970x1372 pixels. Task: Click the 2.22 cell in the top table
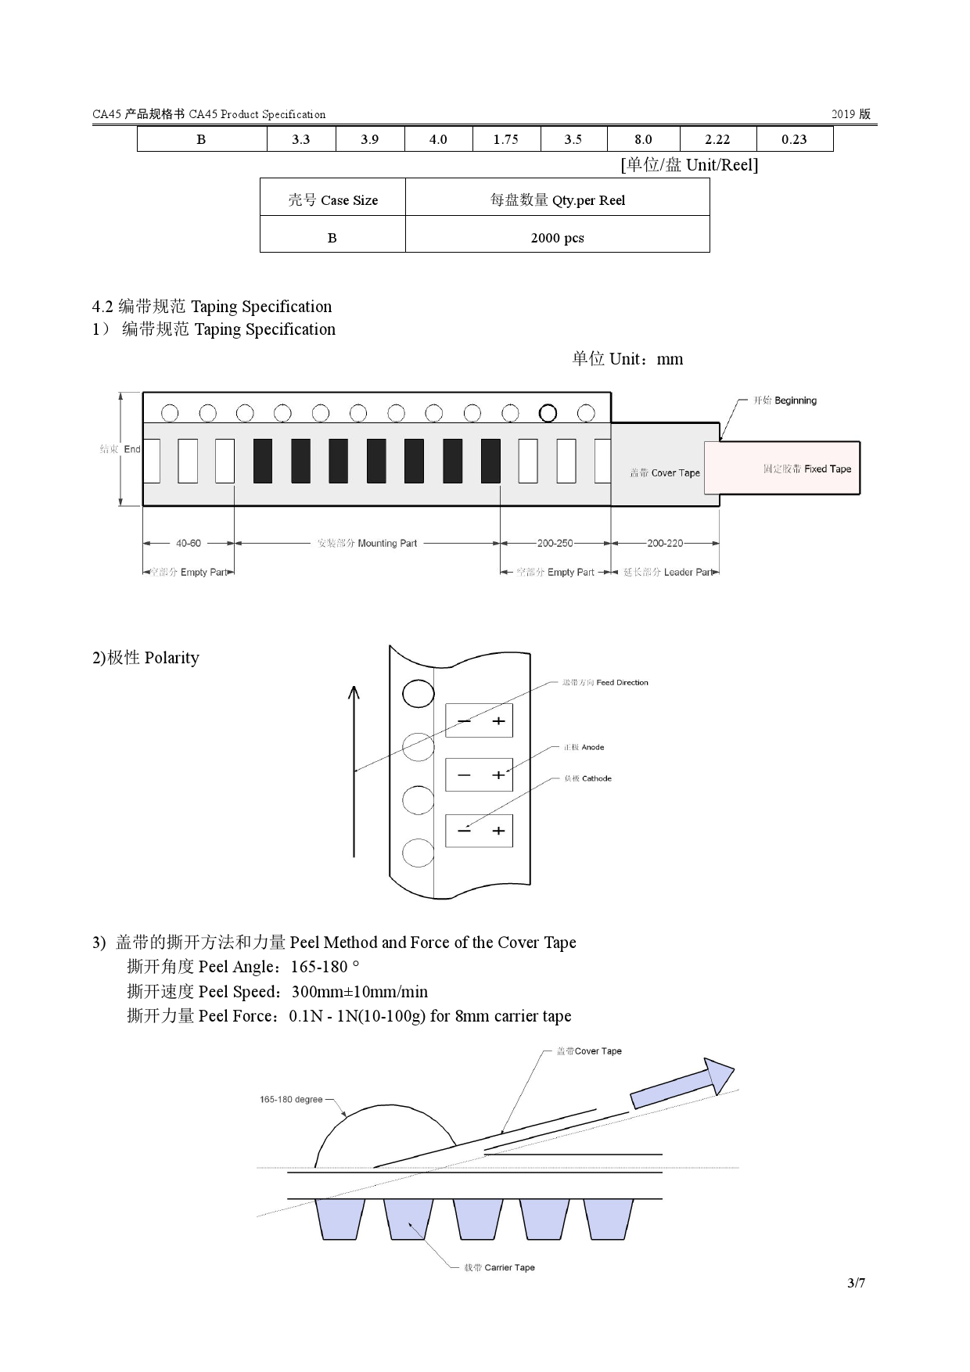point(717,139)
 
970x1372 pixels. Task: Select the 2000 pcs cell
point(557,238)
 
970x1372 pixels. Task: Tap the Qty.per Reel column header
point(557,200)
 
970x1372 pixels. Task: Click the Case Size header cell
point(332,200)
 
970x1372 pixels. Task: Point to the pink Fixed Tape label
point(807,469)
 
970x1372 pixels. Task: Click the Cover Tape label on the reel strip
point(665,472)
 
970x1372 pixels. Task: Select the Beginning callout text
point(785,400)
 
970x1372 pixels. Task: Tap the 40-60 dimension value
point(188,543)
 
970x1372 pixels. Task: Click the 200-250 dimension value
point(555,543)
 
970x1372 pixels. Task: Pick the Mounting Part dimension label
point(367,543)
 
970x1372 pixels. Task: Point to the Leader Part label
point(668,572)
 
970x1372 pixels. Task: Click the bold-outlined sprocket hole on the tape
point(548,413)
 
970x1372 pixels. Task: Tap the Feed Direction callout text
point(605,682)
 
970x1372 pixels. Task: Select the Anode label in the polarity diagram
point(584,747)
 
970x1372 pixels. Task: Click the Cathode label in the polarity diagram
point(587,778)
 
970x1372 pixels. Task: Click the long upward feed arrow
point(354,770)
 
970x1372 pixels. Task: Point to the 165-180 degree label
point(291,1099)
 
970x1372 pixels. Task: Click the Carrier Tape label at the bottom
point(499,1267)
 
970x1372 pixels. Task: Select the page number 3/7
point(856,1283)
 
